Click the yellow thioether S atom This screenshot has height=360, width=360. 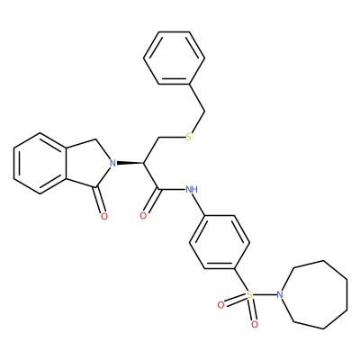189,138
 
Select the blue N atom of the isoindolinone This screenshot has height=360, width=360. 112,164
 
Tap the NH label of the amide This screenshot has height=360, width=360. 192,189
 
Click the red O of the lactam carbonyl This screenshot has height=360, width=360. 104,216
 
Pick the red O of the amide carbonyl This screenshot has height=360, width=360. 143,215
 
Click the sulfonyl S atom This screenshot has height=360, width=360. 249,294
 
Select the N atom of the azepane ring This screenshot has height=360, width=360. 280,294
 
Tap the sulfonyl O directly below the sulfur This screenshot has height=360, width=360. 255,324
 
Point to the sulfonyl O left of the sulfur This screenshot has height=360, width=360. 220,305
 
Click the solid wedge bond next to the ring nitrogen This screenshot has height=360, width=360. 130,164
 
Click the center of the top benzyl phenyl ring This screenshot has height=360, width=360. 175,58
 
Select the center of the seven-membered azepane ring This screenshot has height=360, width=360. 319,294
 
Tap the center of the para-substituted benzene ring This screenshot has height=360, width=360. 220,242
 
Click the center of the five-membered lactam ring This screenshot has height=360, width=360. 88,164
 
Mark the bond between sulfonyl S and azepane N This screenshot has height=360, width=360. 265,294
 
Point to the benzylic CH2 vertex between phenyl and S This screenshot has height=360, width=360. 205,112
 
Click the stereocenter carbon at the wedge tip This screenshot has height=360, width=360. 144,164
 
